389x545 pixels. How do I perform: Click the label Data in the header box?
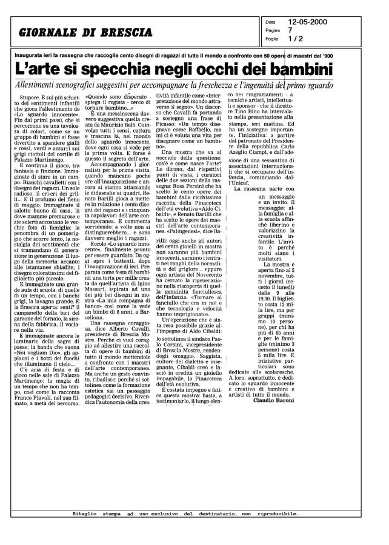click(271, 22)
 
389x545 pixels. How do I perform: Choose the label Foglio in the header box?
click(272, 39)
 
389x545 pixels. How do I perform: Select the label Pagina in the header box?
click(273, 30)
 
